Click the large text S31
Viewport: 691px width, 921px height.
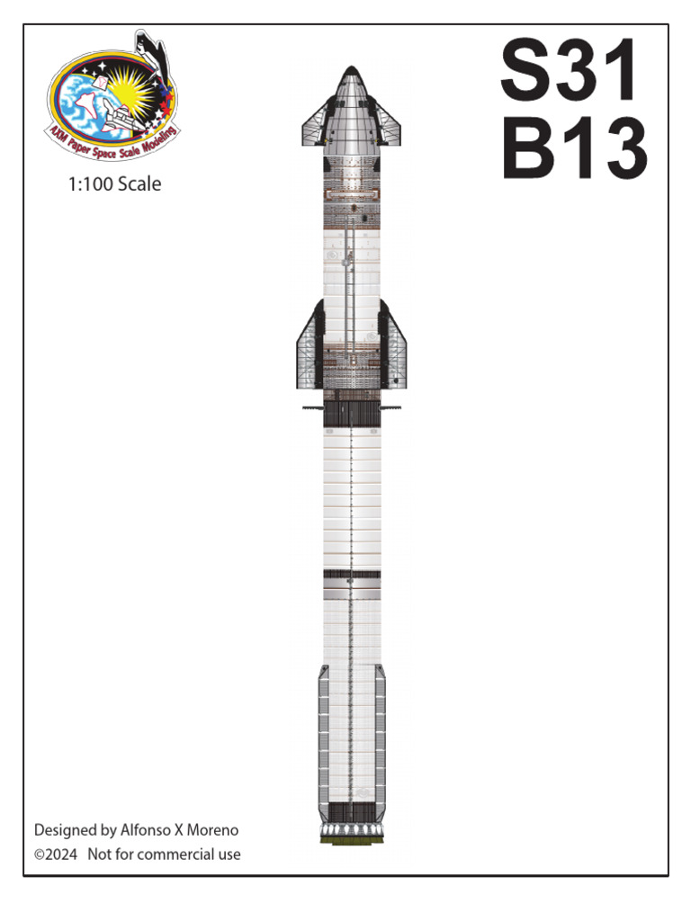(x=570, y=71)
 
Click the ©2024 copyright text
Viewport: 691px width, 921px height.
(x=56, y=854)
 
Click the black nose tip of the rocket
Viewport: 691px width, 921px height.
(x=351, y=73)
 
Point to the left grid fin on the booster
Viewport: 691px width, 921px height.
(x=312, y=407)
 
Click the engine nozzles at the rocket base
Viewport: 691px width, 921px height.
(x=351, y=828)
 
